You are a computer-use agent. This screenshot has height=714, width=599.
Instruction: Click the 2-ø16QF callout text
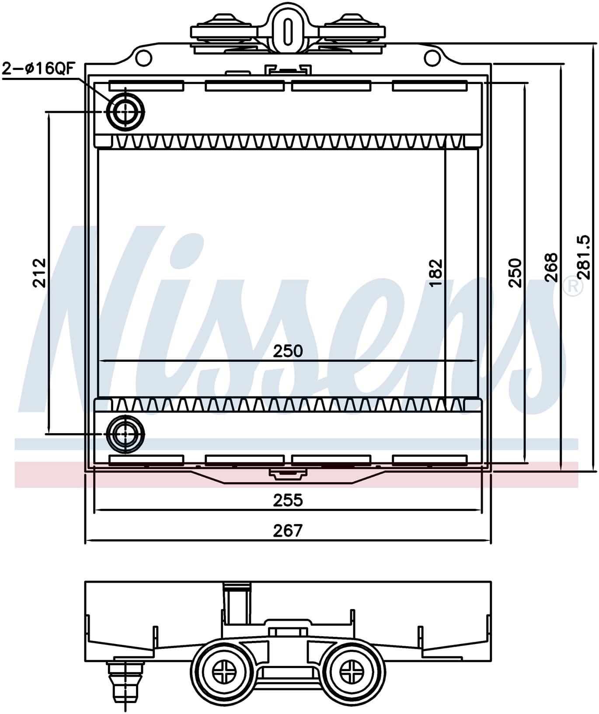pos(39,69)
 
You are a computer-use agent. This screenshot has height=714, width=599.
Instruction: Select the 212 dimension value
pos(39,273)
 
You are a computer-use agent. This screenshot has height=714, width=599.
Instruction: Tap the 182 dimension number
pos(436,273)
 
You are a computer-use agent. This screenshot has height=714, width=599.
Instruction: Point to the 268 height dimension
pos(552,267)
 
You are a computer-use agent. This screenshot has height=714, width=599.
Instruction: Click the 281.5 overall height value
pos(584,257)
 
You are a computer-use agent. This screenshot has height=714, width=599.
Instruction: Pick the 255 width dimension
pos(288,500)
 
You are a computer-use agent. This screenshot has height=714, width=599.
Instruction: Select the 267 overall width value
pos(288,530)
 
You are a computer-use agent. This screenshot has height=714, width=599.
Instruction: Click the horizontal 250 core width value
pos(288,351)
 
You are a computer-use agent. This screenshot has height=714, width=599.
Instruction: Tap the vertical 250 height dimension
pos(515,273)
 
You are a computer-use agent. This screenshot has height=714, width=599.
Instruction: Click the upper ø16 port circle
pos(126,112)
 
